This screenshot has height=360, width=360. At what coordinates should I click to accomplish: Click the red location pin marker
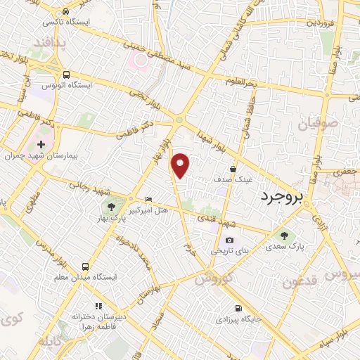point(181,165)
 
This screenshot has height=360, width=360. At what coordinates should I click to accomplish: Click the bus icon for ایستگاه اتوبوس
point(66,75)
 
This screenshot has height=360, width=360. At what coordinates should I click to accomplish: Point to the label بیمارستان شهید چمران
point(39,155)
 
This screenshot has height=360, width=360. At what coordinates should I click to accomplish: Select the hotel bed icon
point(148,200)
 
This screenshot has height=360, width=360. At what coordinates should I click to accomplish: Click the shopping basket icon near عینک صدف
point(233,168)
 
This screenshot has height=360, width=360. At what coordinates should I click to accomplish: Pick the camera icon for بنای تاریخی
point(229,240)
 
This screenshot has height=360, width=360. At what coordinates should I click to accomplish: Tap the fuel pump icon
point(238,309)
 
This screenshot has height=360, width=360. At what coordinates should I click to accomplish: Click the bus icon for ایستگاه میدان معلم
point(85,266)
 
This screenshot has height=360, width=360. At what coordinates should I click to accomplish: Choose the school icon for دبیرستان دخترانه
point(98,306)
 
